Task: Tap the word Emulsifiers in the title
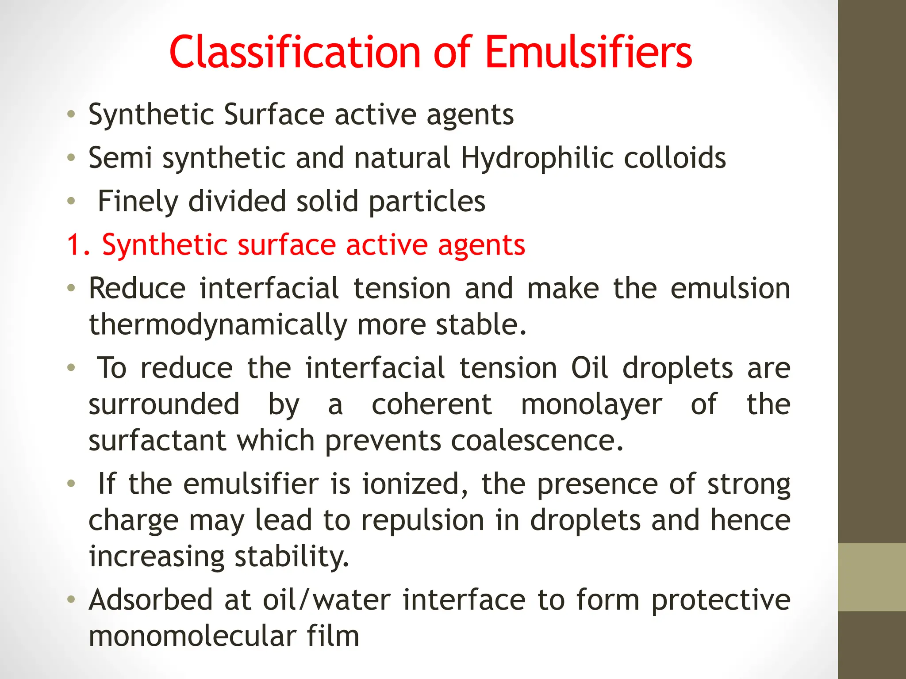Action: (588, 52)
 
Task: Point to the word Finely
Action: (137, 202)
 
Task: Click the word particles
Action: (427, 202)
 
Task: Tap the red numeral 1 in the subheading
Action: (73, 245)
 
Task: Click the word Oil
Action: (589, 368)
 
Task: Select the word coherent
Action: (431, 404)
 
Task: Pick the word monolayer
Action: (591, 404)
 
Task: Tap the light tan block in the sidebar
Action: (871, 577)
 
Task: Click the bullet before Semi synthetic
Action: (71, 157)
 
